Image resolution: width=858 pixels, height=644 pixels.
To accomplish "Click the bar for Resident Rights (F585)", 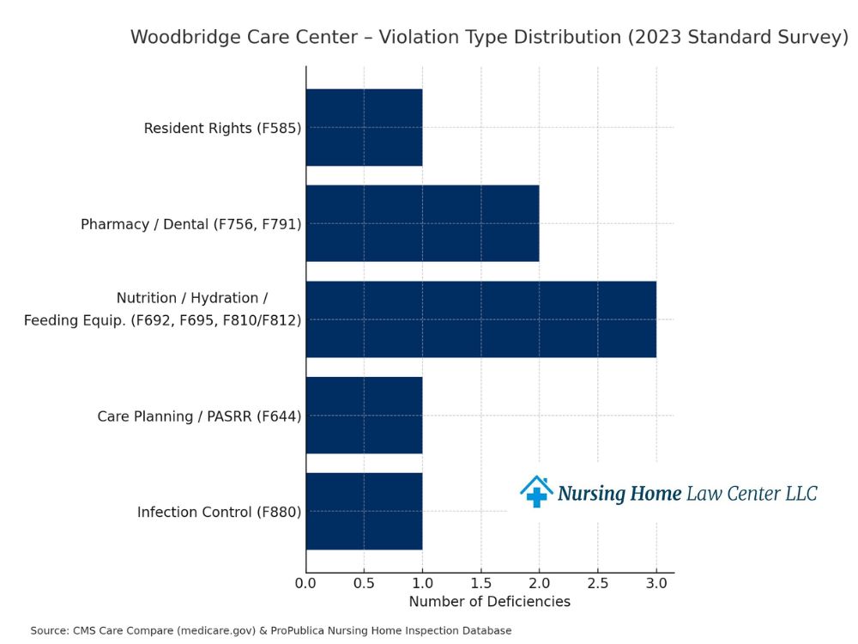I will [364, 128].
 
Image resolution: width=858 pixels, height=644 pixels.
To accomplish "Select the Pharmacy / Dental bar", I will [422, 223].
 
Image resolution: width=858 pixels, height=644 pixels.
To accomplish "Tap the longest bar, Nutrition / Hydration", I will [480, 319].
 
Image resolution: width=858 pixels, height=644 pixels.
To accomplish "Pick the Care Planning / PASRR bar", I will [364, 416].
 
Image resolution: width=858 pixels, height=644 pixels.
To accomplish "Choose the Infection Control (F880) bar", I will [364, 512].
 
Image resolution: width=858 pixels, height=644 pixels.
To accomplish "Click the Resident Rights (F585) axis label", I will [222, 129].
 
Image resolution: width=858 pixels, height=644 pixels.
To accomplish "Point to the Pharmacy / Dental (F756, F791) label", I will [190, 224].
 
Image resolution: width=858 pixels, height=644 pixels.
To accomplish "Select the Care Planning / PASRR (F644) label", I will [199, 416].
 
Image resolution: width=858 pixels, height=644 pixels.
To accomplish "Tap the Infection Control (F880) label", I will [219, 513].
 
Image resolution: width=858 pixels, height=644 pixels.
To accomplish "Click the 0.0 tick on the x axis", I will [305, 584].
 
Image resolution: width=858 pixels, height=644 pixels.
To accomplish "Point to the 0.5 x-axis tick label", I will [364, 584].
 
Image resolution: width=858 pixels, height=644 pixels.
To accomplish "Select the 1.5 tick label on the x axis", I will [480, 584].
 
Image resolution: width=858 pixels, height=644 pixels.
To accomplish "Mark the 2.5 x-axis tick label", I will [598, 584].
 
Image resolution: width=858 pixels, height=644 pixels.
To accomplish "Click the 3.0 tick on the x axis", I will [656, 584].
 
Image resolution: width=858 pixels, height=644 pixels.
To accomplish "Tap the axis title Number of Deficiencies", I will [489, 602].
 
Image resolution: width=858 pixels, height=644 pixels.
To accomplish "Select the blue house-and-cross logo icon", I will [536, 492].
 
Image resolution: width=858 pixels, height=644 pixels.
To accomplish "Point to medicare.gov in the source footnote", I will [221, 631].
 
